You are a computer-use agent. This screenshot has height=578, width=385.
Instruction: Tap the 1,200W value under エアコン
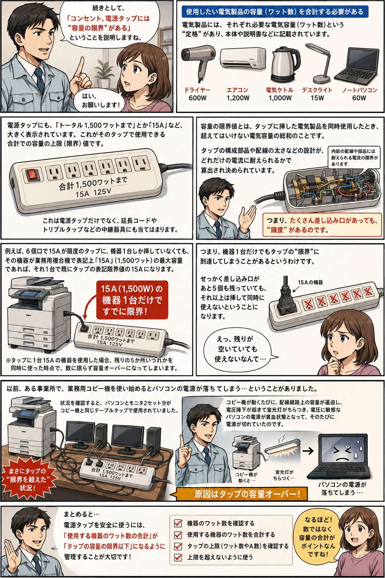pos(238,98)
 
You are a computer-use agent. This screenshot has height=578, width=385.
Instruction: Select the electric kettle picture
pos(285,64)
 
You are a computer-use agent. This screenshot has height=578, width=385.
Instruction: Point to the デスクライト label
pos(317,90)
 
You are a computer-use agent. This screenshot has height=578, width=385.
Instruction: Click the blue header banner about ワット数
pos(274,12)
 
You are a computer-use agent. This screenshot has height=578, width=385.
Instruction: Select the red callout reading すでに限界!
pos(132,300)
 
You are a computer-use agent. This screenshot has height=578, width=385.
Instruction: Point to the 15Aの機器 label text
pos(310,282)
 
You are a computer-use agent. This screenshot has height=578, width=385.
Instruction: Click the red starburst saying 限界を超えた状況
pos(27,479)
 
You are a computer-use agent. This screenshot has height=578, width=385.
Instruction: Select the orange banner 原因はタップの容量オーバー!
pos(242,494)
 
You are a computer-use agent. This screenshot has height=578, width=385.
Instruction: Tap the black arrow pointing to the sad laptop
pos(308,451)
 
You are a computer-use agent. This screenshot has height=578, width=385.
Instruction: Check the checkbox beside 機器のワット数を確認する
pos(178,523)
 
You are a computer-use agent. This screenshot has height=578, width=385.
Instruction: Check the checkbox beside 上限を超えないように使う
pos(178,557)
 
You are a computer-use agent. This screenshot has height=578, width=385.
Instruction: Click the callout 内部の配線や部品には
pos(354,157)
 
